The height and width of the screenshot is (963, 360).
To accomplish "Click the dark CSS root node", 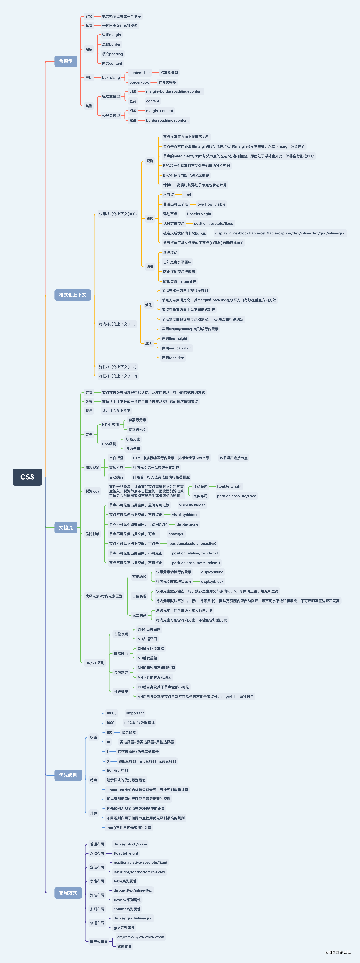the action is (27, 477).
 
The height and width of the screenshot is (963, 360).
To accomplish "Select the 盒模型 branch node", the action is (66, 61).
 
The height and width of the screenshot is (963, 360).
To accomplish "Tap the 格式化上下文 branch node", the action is (73, 295).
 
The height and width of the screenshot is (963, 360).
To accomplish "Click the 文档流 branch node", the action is (66, 527).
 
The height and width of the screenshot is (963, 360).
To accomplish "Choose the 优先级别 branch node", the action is (68, 775).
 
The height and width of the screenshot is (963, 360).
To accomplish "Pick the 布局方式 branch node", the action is (68, 893).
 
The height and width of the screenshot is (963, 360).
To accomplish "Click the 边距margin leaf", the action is (111, 35).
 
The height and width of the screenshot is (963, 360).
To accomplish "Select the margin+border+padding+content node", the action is (174, 92).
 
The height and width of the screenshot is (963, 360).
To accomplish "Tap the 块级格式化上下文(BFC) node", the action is (118, 214).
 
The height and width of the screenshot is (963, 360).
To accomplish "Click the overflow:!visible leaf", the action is (212, 204).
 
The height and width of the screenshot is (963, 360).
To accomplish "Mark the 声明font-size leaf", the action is (173, 358).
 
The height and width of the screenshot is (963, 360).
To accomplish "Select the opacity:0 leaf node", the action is (176, 534).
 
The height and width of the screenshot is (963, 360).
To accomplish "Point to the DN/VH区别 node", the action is (95, 663).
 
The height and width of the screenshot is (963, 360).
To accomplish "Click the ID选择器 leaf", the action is (129, 732).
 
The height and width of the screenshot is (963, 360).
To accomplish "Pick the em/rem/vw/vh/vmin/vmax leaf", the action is (141, 937).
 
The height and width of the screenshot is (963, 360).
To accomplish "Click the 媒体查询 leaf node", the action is (125, 947).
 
